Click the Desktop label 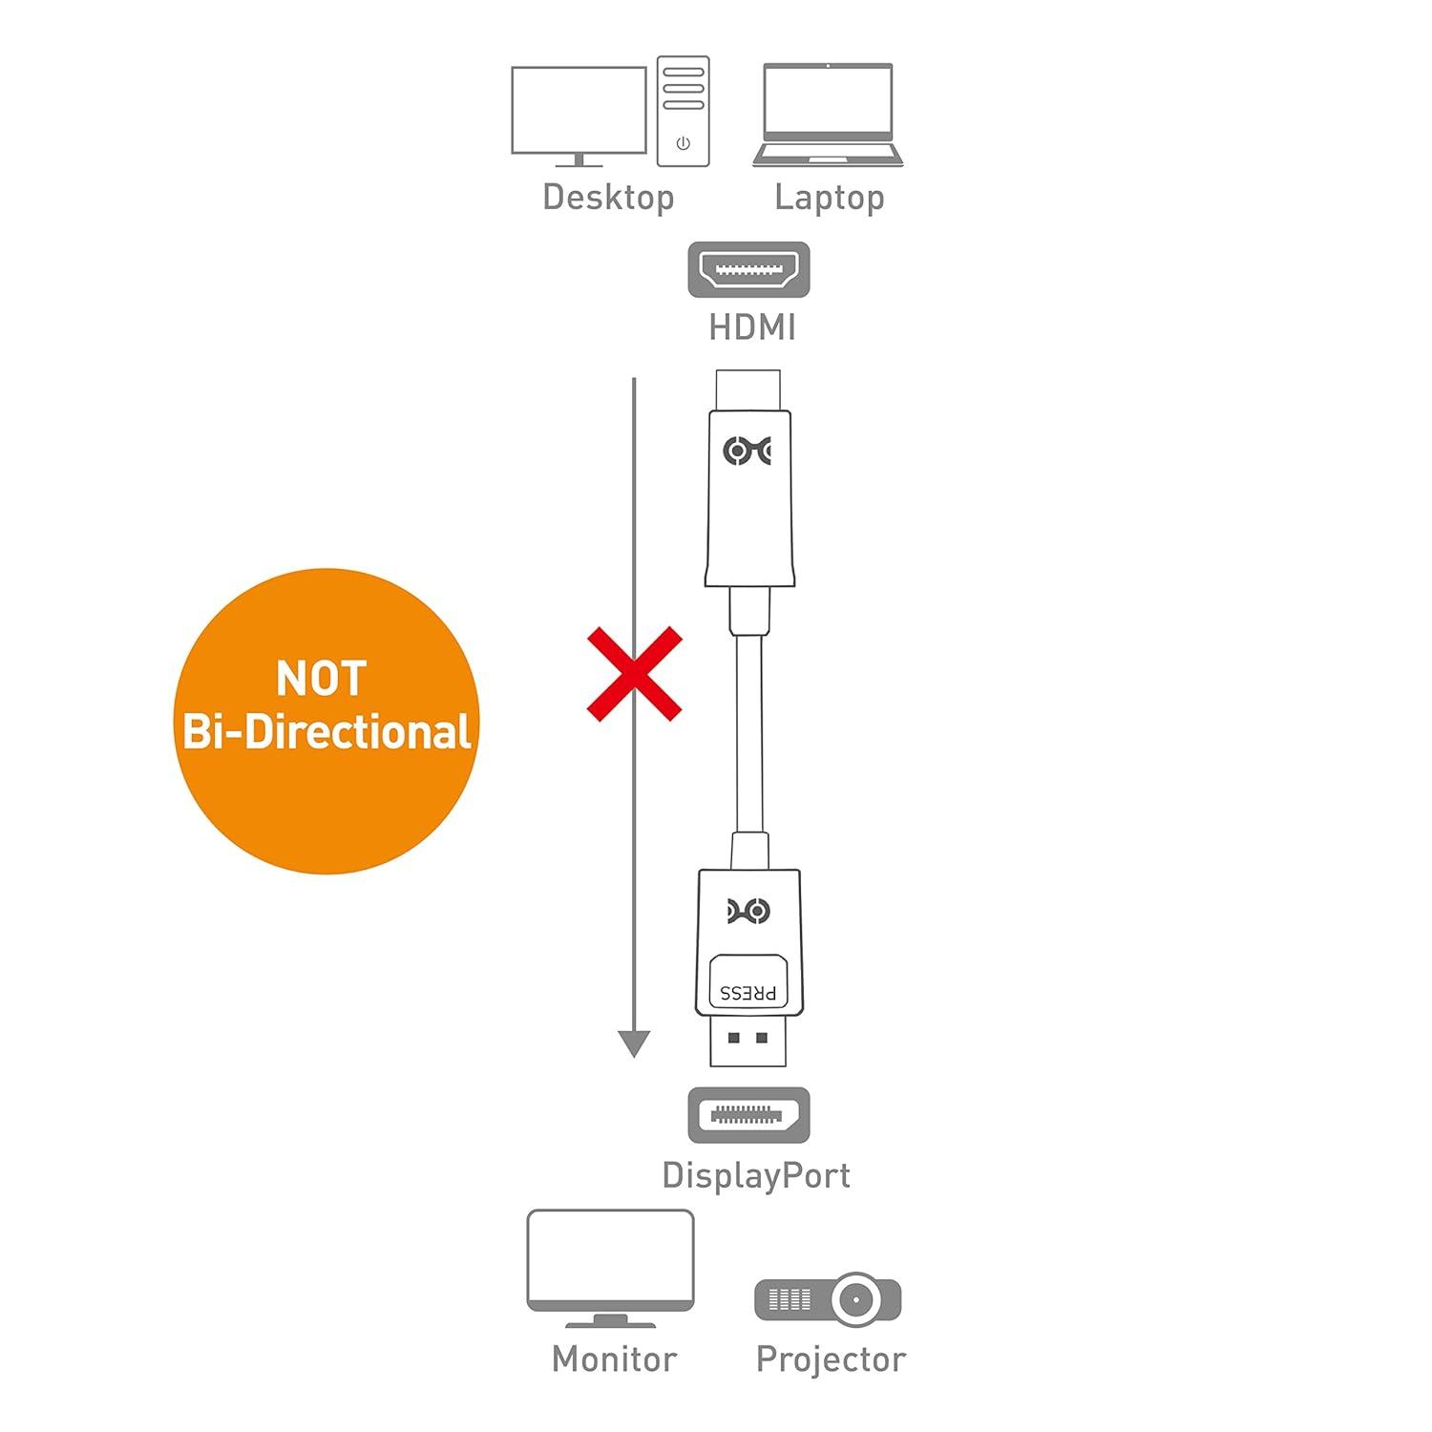[608, 198]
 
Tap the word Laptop [829, 198]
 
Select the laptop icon [828, 115]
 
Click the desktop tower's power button [683, 143]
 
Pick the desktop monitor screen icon [579, 111]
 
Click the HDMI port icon [748, 269]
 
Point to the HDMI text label [751, 327]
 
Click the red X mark [634, 673]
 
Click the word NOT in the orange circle [321, 679]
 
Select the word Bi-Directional [326, 732]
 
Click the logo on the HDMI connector [748, 450]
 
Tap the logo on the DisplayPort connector [748, 912]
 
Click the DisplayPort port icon [748, 1114]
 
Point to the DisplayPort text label [755, 1175]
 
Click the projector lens [855, 1299]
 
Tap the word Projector [830, 1358]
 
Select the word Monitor [614, 1358]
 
